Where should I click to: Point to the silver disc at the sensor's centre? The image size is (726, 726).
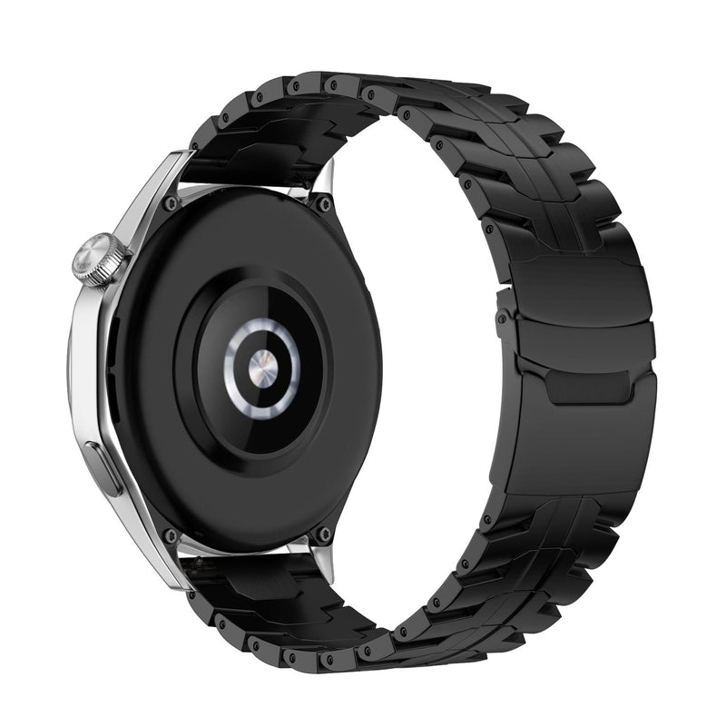[x=262, y=365]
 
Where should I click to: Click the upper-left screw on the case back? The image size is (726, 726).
[x=170, y=203]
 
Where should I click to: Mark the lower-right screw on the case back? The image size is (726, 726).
[x=319, y=535]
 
